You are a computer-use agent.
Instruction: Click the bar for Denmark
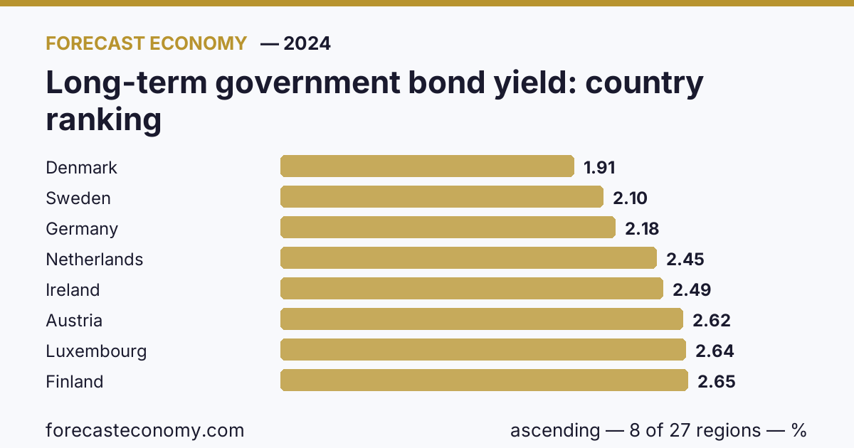pyautogui.click(x=427, y=166)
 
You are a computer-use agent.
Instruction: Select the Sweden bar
pyautogui.click(x=442, y=196)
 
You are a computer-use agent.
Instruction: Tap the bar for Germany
pyautogui.click(x=448, y=227)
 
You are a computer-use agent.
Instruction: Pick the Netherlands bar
pyautogui.click(x=468, y=258)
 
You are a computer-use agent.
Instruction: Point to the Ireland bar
pyautogui.click(x=472, y=289)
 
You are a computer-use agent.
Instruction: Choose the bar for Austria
pyautogui.click(x=482, y=319)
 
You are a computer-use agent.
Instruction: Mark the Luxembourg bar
pyautogui.click(x=483, y=349)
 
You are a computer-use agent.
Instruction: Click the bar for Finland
pyautogui.click(x=484, y=380)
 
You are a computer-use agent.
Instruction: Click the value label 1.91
pyautogui.click(x=599, y=168)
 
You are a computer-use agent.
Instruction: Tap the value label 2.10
pyautogui.click(x=630, y=198)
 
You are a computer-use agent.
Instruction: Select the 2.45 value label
pyautogui.click(x=685, y=260)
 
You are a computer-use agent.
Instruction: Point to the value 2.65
pyautogui.click(x=717, y=382)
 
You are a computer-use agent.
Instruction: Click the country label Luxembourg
pyautogui.click(x=96, y=351)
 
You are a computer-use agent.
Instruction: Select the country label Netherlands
pyautogui.click(x=94, y=260)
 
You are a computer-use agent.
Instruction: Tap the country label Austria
pyautogui.click(x=74, y=321)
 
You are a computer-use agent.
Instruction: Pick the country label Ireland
pyautogui.click(x=73, y=290)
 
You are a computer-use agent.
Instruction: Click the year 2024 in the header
pyautogui.click(x=307, y=43)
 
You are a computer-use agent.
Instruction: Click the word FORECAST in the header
pyautogui.click(x=95, y=43)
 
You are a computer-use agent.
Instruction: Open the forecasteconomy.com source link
pyautogui.click(x=145, y=430)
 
